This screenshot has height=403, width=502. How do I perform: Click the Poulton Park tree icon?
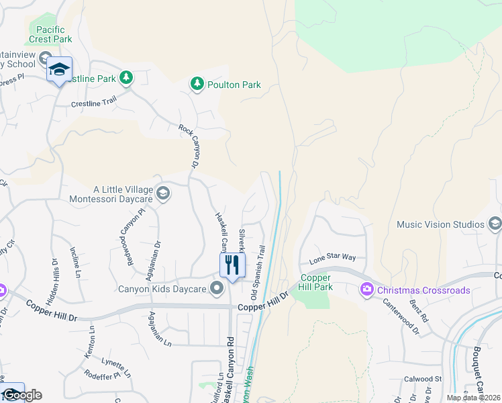(197, 84)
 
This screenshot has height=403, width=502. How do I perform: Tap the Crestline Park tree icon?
(125, 78)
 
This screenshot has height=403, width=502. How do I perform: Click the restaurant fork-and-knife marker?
(232, 264)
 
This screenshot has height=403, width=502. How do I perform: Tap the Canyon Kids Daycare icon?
(216, 289)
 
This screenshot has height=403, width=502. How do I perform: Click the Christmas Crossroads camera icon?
(366, 290)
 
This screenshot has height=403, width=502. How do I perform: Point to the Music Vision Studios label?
(440, 224)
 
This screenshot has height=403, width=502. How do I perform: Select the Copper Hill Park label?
(316, 282)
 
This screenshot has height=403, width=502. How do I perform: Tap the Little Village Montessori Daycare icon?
(162, 194)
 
